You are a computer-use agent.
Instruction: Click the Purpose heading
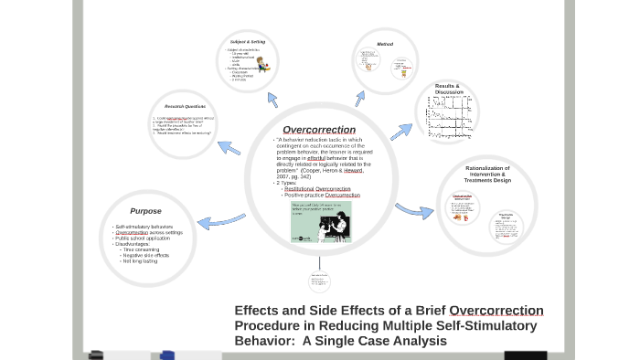point(145,211)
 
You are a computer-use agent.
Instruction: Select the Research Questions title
point(186,106)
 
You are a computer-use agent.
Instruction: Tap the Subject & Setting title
point(247,42)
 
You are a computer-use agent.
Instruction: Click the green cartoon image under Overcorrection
point(320,224)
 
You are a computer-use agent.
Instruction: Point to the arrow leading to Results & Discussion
point(401,132)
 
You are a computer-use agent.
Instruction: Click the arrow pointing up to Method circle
point(359,97)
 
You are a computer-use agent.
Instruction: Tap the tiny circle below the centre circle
point(319,280)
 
